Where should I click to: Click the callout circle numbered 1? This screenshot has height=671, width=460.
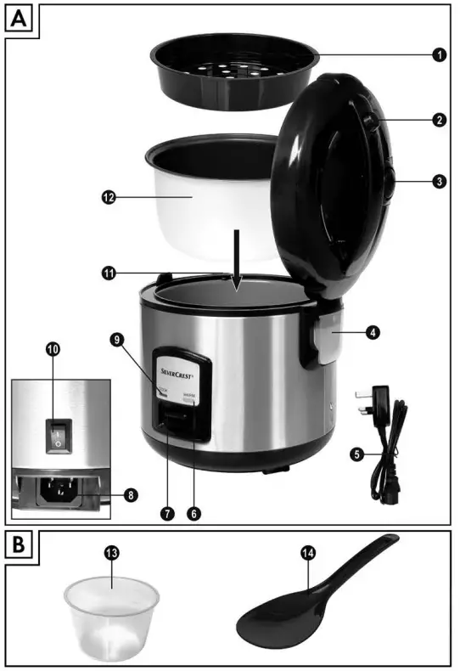(x=438, y=55)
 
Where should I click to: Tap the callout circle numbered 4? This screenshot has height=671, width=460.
(x=372, y=333)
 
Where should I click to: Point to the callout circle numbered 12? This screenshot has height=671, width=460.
(x=108, y=197)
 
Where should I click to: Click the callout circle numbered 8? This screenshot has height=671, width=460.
(x=131, y=493)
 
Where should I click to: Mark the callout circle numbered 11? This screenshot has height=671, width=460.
(x=108, y=273)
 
